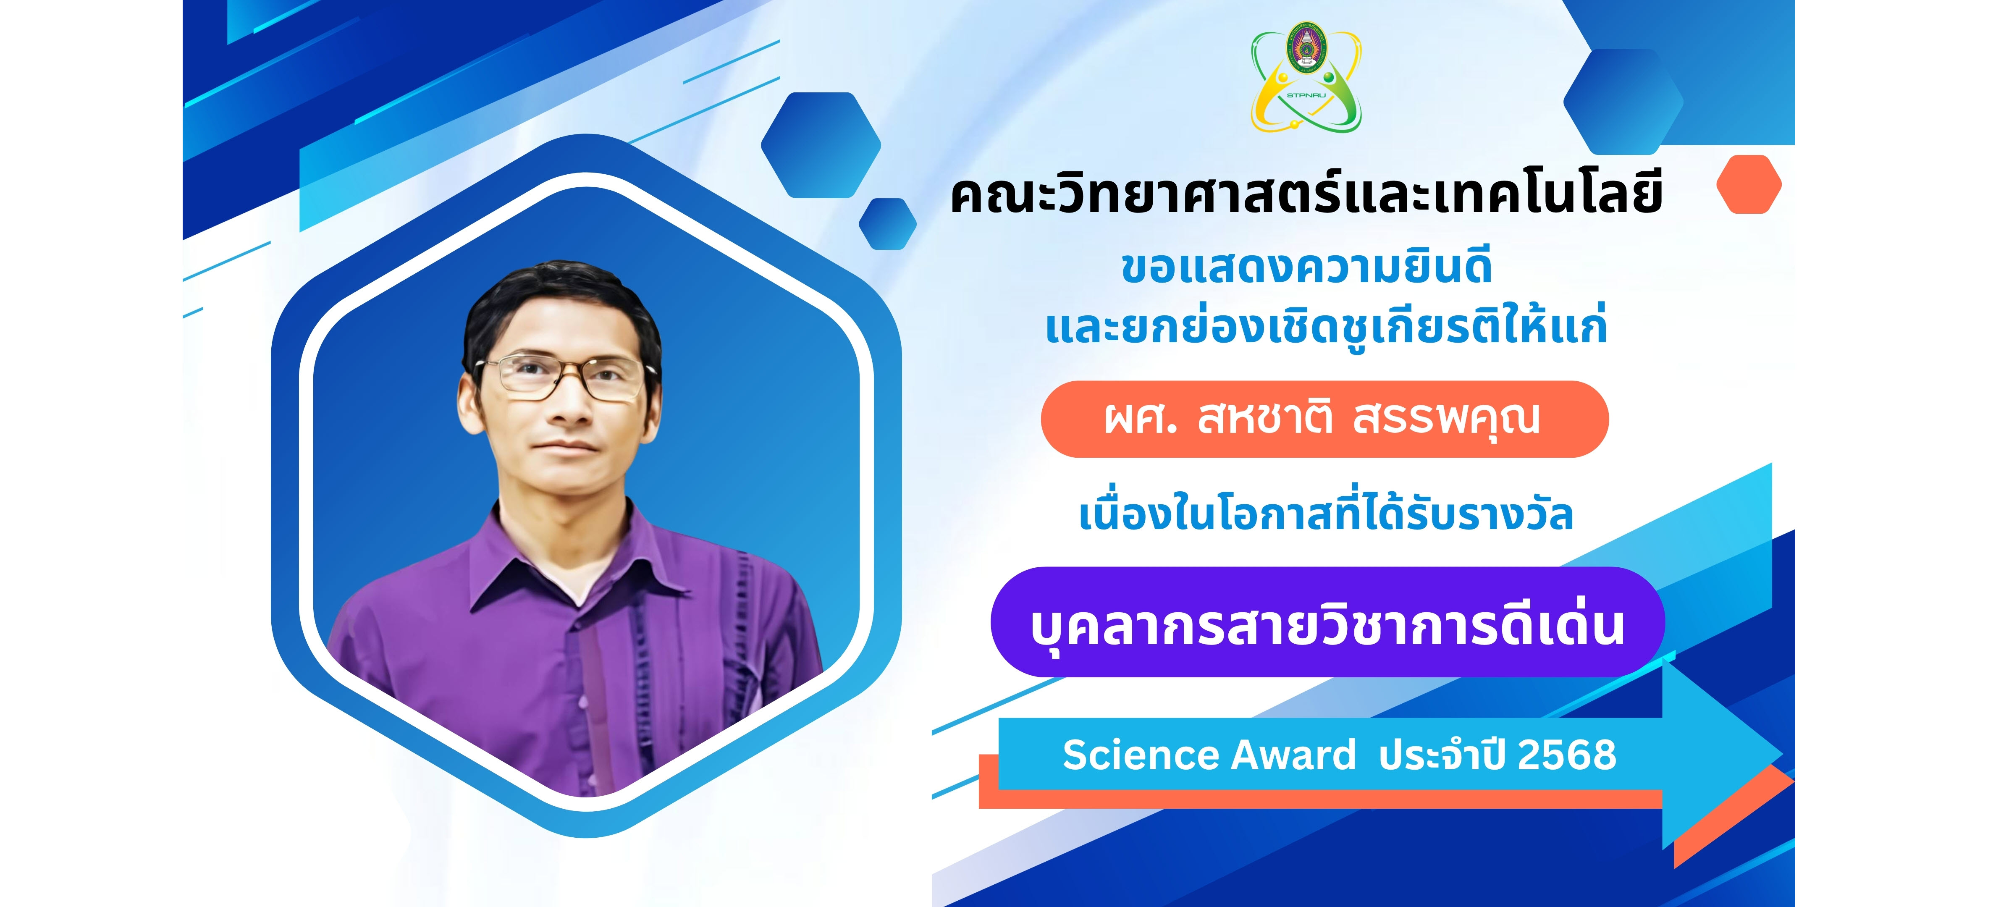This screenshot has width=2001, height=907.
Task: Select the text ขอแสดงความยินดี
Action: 1306,266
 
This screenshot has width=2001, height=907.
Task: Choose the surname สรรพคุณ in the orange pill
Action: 1446,420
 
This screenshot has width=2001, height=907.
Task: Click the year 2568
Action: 1567,755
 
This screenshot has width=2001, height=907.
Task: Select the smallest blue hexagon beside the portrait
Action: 887,224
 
